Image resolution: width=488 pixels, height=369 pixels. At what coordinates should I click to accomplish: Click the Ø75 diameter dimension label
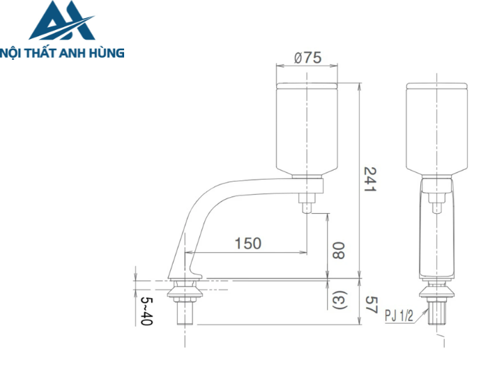[307, 58]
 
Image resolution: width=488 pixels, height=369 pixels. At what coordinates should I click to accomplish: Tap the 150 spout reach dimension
[247, 243]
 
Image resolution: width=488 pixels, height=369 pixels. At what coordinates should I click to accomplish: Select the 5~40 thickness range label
[146, 311]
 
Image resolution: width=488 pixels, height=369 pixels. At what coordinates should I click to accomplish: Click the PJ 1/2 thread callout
[399, 315]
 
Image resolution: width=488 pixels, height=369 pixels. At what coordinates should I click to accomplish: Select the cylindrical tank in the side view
[307, 129]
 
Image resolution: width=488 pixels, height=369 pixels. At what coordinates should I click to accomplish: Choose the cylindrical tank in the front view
[437, 129]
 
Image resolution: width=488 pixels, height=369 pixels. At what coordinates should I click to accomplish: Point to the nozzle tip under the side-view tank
[306, 206]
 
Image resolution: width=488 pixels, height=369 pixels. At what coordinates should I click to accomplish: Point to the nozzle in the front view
[437, 202]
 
